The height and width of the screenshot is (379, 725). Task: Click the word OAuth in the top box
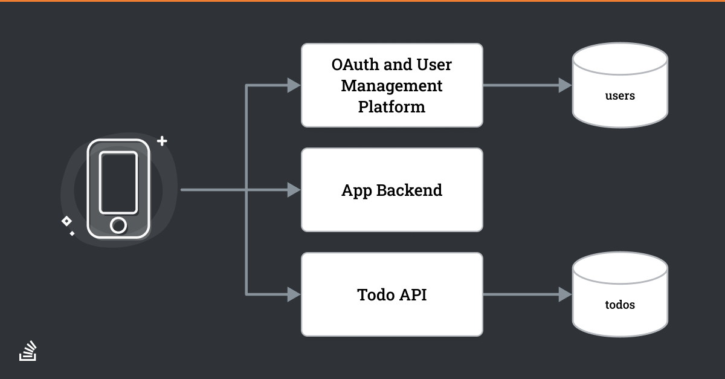click(355, 65)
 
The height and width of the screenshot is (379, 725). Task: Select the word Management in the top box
click(391, 86)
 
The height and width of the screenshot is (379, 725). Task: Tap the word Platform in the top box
click(391, 107)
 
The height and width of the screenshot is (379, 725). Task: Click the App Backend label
click(391, 190)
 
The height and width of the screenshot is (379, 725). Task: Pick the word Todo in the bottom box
click(376, 295)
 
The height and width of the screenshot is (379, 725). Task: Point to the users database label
click(620, 96)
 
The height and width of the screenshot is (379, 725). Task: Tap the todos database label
click(620, 305)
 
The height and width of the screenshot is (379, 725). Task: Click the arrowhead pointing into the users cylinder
click(565, 85)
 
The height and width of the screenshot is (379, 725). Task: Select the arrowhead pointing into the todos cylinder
click(565, 294)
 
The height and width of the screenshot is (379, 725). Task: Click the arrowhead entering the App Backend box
click(294, 190)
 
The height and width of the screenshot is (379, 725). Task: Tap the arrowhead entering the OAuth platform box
click(294, 85)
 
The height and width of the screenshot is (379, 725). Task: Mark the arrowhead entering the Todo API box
click(294, 294)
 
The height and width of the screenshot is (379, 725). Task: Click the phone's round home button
click(118, 225)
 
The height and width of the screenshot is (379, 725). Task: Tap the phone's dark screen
click(118, 183)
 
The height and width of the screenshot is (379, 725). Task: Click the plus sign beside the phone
click(162, 141)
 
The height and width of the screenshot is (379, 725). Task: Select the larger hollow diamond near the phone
click(66, 221)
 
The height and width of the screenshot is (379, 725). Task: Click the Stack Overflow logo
click(28, 351)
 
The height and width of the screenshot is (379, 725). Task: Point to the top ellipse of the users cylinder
click(620, 59)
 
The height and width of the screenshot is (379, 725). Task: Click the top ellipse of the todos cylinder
click(620, 268)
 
